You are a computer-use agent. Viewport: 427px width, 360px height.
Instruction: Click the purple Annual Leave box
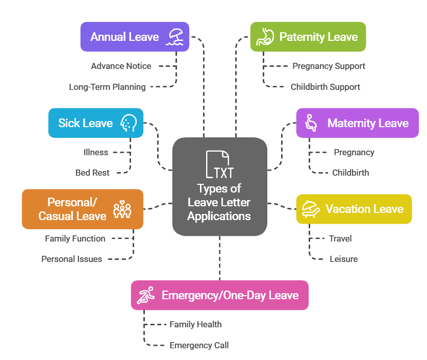[135, 37]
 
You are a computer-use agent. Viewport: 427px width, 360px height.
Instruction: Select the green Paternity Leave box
[308, 37]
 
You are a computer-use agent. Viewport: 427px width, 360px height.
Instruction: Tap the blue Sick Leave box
[95, 123]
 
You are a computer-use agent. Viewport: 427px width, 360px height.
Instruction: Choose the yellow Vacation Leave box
[354, 209]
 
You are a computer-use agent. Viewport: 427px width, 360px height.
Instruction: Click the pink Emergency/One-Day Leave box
[219, 295]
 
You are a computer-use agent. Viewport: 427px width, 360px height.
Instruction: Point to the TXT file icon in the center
[219, 164]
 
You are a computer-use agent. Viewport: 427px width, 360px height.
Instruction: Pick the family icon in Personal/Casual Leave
[122, 209]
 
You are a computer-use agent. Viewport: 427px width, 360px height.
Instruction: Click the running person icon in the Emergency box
[146, 295]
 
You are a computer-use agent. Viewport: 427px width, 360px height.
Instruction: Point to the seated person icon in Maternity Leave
[311, 123]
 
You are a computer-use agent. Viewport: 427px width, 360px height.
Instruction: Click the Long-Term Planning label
[107, 87]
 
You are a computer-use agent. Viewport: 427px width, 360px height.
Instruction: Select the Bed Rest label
[92, 173]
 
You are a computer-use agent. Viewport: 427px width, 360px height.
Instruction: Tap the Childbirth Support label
[325, 87]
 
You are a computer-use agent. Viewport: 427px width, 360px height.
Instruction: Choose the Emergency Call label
[199, 345]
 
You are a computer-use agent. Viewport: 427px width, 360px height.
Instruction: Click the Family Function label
[75, 238]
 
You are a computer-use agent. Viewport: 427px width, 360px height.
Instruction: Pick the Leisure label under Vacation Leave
[343, 259]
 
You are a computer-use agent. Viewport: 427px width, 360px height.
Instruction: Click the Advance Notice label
[121, 66]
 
